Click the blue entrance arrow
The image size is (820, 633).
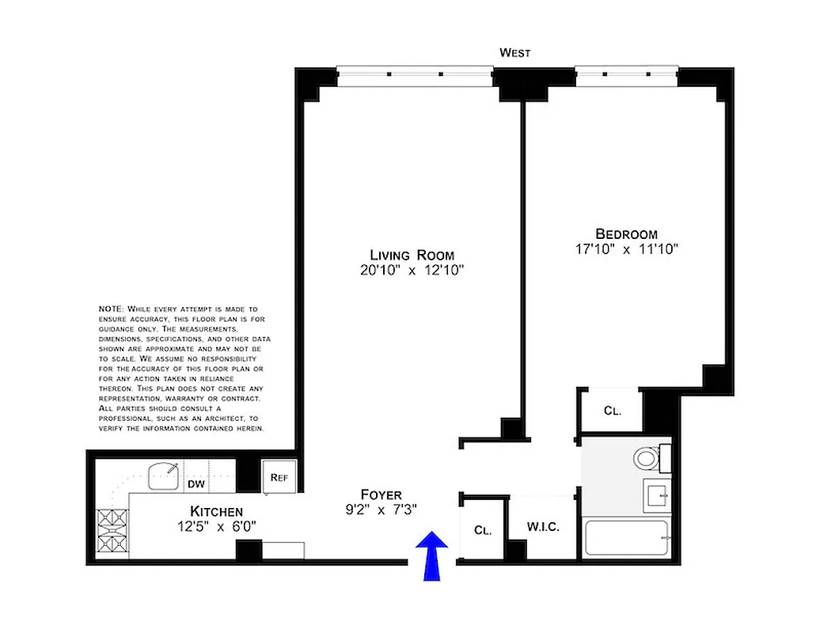432,556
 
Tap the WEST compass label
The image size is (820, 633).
514,53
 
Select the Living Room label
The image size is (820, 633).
412,255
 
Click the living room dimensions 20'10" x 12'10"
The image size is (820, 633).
412,271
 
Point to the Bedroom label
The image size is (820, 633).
626,234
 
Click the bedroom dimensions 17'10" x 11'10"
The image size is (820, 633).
626,249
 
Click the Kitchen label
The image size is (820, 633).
215,511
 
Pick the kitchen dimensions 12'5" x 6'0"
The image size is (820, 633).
215,526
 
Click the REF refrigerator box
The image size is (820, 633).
279,477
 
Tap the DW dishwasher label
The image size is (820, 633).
196,483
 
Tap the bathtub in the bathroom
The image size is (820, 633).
627,539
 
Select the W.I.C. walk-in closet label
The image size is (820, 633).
544,528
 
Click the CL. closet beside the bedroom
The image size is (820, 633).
612,411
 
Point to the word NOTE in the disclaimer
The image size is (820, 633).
109,308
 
